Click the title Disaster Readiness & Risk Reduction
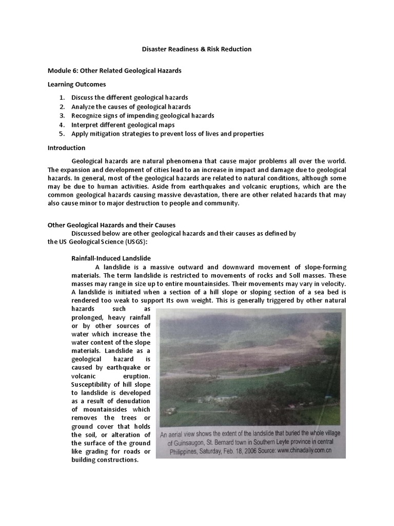pyautogui.click(x=196, y=49)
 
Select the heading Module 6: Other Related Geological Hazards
pyautogui.click(x=114, y=70)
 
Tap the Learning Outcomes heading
pyautogui.click(x=77, y=84)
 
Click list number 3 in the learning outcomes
pyautogui.click(x=61, y=116)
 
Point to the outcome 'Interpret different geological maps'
pyautogui.click(x=123, y=125)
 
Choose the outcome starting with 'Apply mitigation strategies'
pyautogui.click(x=167, y=134)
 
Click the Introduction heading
pyautogui.click(x=66, y=148)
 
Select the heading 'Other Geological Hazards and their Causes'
pyautogui.click(x=111, y=225)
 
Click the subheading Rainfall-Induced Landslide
pyautogui.click(x=111, y=258)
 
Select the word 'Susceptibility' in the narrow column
pyautogui.click(x=93, y=384)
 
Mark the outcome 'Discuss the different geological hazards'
pyautogui.click(x=129, y=98)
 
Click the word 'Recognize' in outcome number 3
pyautogui.click(x=87, y=116)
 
